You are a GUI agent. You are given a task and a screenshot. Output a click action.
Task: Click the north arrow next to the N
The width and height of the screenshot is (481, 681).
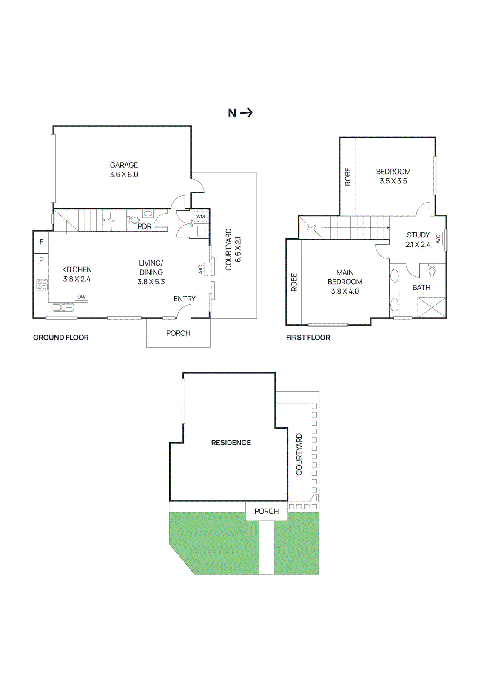[246, 113]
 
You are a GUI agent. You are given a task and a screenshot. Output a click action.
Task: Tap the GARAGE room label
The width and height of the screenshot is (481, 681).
[124, 165]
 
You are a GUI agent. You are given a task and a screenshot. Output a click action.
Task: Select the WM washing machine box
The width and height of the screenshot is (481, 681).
[200, 216]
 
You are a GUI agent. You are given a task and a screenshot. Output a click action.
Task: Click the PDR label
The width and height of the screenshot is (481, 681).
[144, 226]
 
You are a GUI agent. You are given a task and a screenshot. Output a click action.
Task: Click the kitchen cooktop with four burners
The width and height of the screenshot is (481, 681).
[42, 284]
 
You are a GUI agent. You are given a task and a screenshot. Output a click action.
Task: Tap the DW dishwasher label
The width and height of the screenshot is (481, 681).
[81, 297]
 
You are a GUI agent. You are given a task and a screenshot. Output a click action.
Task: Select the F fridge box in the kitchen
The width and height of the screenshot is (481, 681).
[41, 242]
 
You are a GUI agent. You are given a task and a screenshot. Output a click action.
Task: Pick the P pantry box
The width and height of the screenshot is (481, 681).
[41, 260]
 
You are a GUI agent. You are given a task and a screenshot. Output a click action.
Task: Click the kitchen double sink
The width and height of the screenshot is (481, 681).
[63, 307]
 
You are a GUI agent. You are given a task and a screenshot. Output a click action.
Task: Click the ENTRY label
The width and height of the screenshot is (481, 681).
[184, 299]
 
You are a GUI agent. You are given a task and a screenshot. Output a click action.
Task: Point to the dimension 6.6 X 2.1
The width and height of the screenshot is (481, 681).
[238, 249]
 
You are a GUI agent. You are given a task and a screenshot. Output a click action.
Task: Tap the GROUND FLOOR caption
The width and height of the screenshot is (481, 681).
[61, 338]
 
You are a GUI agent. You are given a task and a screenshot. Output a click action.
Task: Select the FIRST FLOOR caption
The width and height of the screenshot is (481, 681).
[308, 338]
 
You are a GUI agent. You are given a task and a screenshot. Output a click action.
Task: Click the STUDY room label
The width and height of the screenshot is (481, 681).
[418, 235]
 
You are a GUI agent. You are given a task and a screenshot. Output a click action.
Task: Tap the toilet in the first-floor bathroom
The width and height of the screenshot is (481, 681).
[433, 271]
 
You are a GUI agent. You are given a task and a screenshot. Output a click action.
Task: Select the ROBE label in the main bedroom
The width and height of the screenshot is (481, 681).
[294, 282]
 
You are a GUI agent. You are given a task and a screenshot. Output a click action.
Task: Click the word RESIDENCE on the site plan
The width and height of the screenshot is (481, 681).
[231, 443]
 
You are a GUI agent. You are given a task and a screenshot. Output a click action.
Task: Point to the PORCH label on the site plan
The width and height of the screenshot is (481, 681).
[267, 511]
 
